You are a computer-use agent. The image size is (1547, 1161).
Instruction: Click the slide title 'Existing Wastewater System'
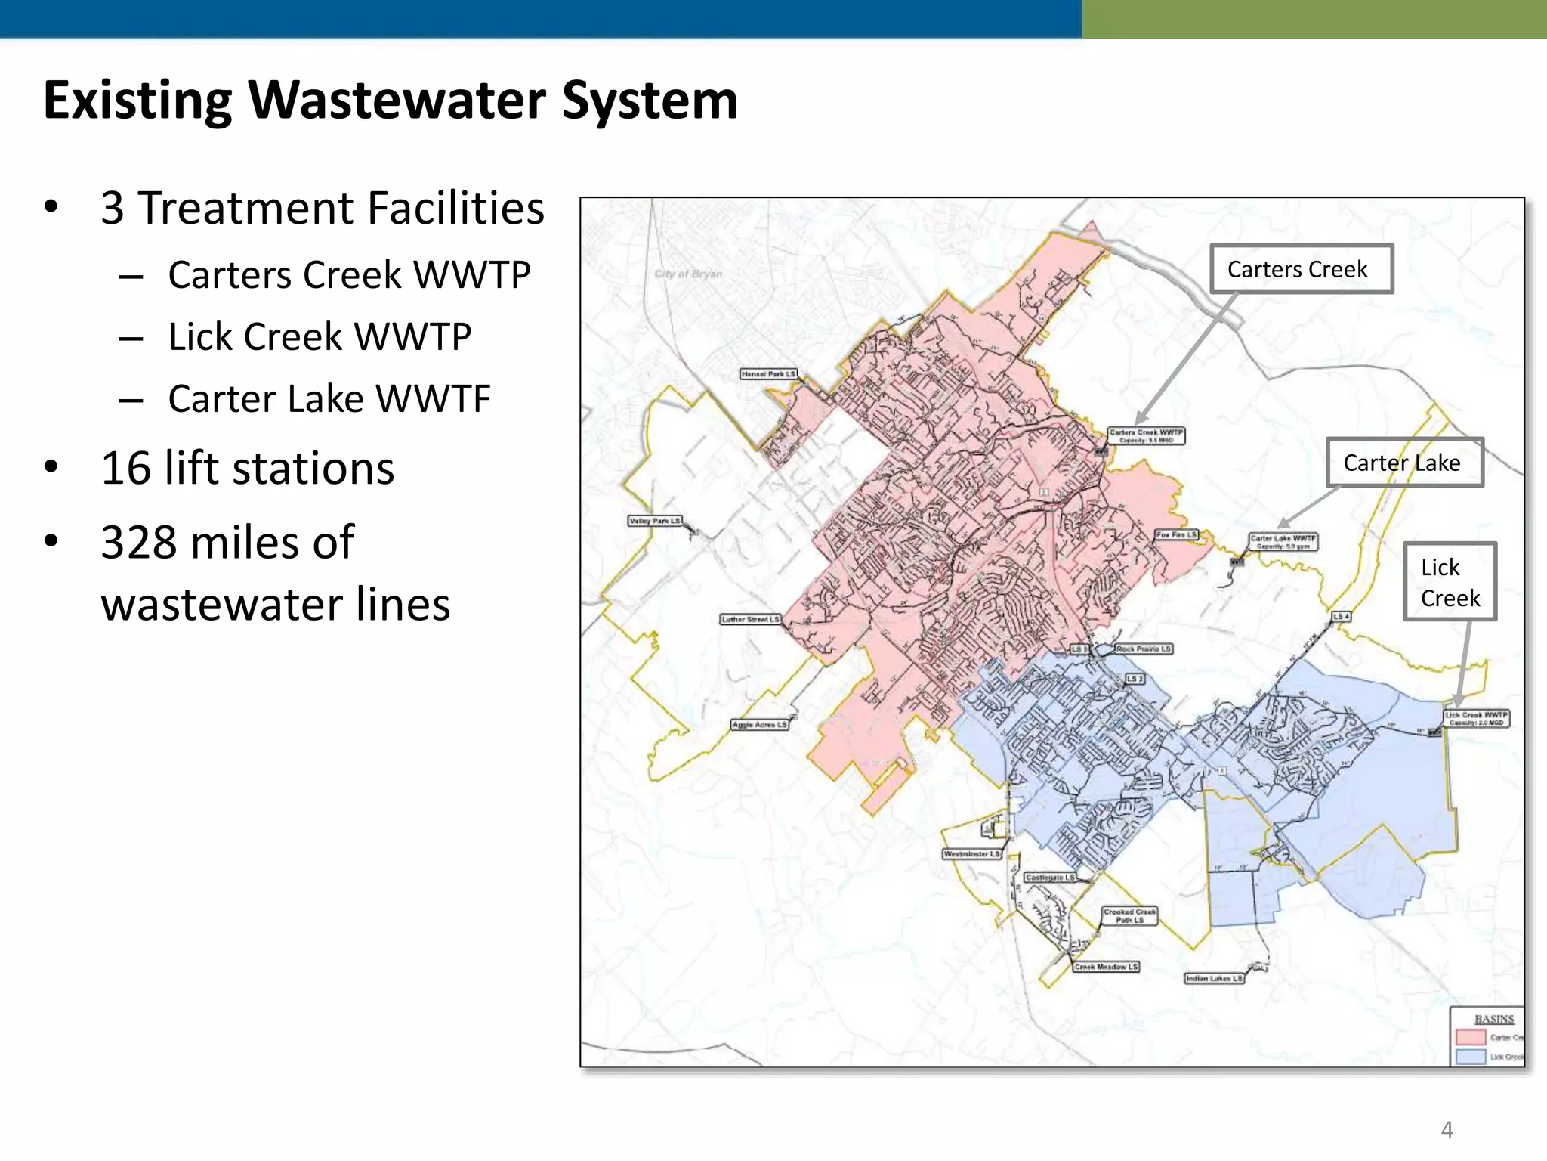point(391,101)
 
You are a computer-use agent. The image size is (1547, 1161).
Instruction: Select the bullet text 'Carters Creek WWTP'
point(349,274)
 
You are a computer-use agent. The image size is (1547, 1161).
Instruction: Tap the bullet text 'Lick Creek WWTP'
point(320,336)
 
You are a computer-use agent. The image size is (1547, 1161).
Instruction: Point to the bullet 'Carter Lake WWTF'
point(329,398)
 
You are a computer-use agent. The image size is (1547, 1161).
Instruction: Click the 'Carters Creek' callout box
point(1301,269)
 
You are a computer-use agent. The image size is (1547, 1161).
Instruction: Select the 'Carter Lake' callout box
point(1404,463)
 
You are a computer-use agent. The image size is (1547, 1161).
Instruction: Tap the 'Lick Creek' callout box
point(1450,582)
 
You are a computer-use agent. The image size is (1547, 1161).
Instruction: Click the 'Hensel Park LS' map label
point(767,374)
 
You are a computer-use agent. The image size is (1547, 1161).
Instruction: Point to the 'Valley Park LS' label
point(655,521)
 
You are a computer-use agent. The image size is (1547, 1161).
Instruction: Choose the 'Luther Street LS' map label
point(750,619)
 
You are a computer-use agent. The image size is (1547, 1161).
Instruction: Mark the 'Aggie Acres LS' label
point(759,725)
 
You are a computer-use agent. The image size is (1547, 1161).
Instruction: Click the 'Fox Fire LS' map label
point(1176,535)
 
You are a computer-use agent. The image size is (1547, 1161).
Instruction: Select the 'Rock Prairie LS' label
point(1144,649)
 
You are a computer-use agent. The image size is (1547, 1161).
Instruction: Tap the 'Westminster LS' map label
point(971,854)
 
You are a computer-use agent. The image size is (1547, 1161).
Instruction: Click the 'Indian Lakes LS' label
point(1213,979)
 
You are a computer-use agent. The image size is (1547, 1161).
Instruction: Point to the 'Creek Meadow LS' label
point(1106,967)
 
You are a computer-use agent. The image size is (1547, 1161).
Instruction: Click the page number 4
point(1447,1130)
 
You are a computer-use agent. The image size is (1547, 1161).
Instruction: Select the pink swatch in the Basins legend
point(1470,1038)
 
